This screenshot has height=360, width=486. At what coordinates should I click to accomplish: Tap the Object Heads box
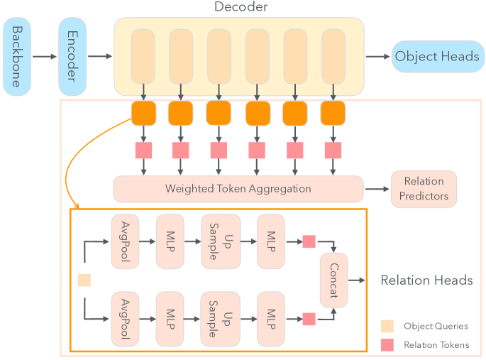click(x=436, y=57)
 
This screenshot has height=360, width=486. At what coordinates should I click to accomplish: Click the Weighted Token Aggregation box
click(x=238, y=189)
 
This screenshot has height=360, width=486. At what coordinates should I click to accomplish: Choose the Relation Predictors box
click(x=424, y=189)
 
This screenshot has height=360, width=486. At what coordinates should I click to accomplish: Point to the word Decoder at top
click(x=241, y=8)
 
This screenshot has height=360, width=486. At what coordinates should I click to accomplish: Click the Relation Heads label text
click(x=426, y=280)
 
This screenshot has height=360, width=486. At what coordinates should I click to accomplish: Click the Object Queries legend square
click(x=387, y=326)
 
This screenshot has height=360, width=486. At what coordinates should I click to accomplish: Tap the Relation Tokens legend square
click(x=387, y=344)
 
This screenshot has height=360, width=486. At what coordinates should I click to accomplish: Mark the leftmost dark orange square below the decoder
click(x=143, y=112)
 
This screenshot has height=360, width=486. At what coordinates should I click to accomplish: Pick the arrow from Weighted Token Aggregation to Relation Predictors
click(x=376, y=189)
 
